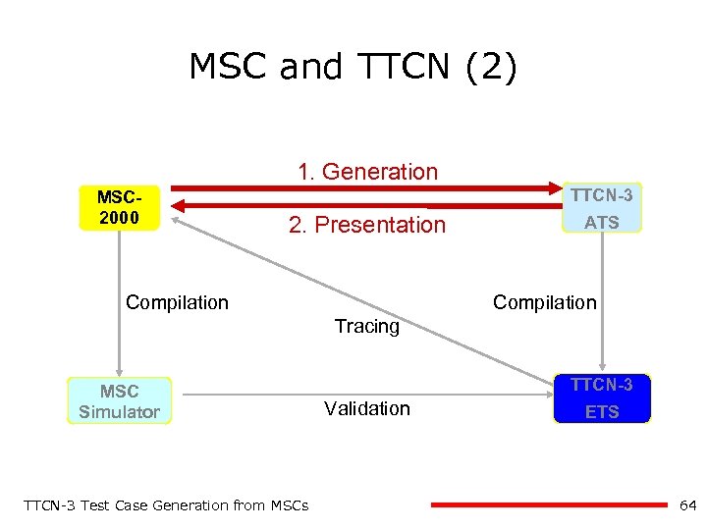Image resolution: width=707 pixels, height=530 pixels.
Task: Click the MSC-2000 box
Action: coord(119,207)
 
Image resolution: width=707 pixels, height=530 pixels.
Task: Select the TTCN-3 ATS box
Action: coord(602,208)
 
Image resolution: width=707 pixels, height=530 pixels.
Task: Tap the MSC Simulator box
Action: coord(119,400)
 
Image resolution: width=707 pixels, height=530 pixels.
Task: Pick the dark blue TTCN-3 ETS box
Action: coord(602,398)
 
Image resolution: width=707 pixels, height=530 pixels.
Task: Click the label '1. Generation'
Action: coord(368,172)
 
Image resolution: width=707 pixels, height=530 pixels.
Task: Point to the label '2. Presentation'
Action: coord(367,225)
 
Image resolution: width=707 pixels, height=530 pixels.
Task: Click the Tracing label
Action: coord(367,326)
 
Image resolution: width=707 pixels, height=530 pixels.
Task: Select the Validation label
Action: coord(367,408)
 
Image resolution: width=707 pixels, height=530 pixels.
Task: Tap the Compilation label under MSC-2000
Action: coord(177,302)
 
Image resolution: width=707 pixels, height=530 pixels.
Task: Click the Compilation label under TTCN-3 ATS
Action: coord(544,302)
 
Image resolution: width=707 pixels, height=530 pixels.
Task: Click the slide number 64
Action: coord(687,505)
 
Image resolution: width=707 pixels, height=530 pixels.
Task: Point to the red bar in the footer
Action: coord(550,505)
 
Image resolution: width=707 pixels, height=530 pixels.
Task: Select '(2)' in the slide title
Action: coord(488,68)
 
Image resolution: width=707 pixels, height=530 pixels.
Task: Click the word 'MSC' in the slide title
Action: coord(229,68)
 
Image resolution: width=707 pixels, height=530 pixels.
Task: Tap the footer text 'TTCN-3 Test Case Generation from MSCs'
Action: coord(165,505)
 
